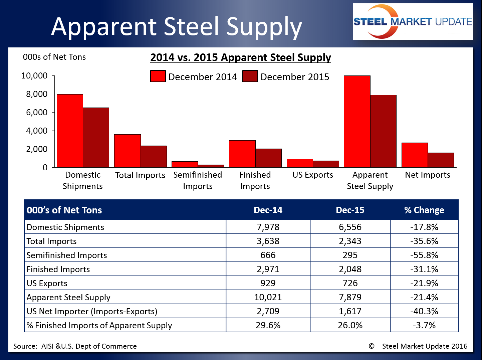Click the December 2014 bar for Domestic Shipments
pos(70,131)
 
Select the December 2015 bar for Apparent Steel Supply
pos(383,131)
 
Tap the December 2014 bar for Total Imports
pos(127,151)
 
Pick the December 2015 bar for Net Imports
pos(441,160)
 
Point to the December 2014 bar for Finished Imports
pos(242,154)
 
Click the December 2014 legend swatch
pos(158,76)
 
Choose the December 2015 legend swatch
pos(250,76)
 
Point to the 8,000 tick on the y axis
pos(37,94)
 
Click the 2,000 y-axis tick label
pos(37,149)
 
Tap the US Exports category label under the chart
pos(313,175)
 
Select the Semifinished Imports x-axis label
pos(198,180)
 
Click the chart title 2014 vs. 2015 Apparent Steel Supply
pos(240,57)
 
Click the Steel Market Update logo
pos(413,22)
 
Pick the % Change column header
pos(424,210)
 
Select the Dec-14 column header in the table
pos(268,210)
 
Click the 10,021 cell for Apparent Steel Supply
pos(268,297)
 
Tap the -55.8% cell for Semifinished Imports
pos(424,255)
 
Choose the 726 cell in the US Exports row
pos(350,283)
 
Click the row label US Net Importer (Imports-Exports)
pos(92,311)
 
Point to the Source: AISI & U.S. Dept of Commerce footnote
pos(75,346)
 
